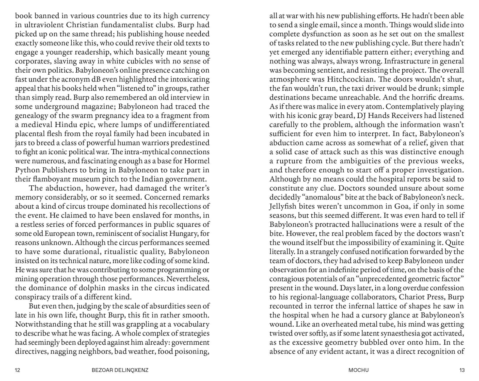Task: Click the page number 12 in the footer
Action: click(x=18, y=370)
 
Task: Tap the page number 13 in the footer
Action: click(x=462, y=370)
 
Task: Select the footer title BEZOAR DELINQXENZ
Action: click(x=120, y=370)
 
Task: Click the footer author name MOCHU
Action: click(x=358, y=370)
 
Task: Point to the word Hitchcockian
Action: click(x=351, y=80)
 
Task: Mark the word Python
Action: click(x=26, y=170)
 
